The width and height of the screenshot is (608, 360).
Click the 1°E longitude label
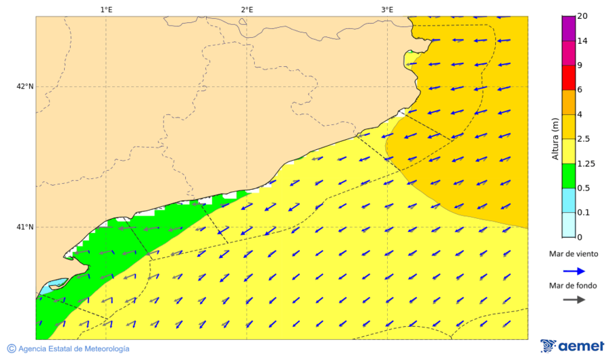click(x=106, y=9)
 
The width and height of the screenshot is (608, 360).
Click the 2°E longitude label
click(x=247, y=9)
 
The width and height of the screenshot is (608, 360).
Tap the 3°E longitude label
click(x=387, y=9)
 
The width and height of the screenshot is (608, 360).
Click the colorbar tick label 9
click(x=580, y=66)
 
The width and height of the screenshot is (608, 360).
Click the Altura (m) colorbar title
click(x=555, y=139)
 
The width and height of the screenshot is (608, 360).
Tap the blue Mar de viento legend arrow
click(x=574, y=271)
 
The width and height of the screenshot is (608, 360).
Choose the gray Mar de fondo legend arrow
click(x=574, y=299)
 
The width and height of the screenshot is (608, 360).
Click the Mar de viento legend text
click(x=574, y=255)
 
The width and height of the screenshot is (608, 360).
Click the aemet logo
click(x=572, y=346)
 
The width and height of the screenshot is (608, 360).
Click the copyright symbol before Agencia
click(x=11, y=349)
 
